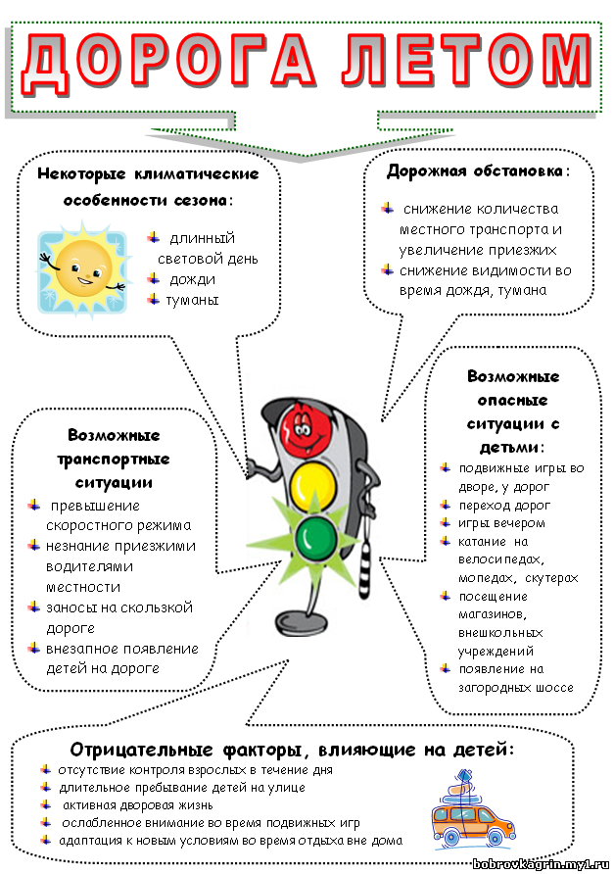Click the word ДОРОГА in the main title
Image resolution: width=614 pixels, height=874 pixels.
pos(168,62)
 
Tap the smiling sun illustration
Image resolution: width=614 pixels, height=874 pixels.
pos(83,270)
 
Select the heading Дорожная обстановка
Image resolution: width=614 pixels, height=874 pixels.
pos(475,170)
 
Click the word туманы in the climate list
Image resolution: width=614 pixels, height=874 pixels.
pos(192,300)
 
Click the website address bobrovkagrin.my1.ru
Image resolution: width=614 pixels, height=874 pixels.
pos(541,864)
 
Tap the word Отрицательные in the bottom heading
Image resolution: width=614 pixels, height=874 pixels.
pos(142,750)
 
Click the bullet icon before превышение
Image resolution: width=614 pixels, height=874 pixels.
pos(34,505)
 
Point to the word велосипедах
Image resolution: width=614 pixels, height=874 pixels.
pos(501,559)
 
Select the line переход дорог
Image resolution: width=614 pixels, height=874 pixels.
pos(504,506)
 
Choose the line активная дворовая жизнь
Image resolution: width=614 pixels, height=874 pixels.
pos(138,804)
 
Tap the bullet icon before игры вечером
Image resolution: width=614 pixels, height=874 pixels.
pos(446,522)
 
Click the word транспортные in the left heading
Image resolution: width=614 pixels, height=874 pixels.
pos(114,460)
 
